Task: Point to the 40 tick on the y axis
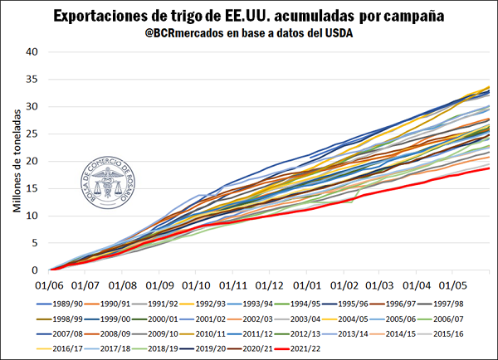point(33,51)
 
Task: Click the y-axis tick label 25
point(33,134)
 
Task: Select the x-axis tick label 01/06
point(51,282)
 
